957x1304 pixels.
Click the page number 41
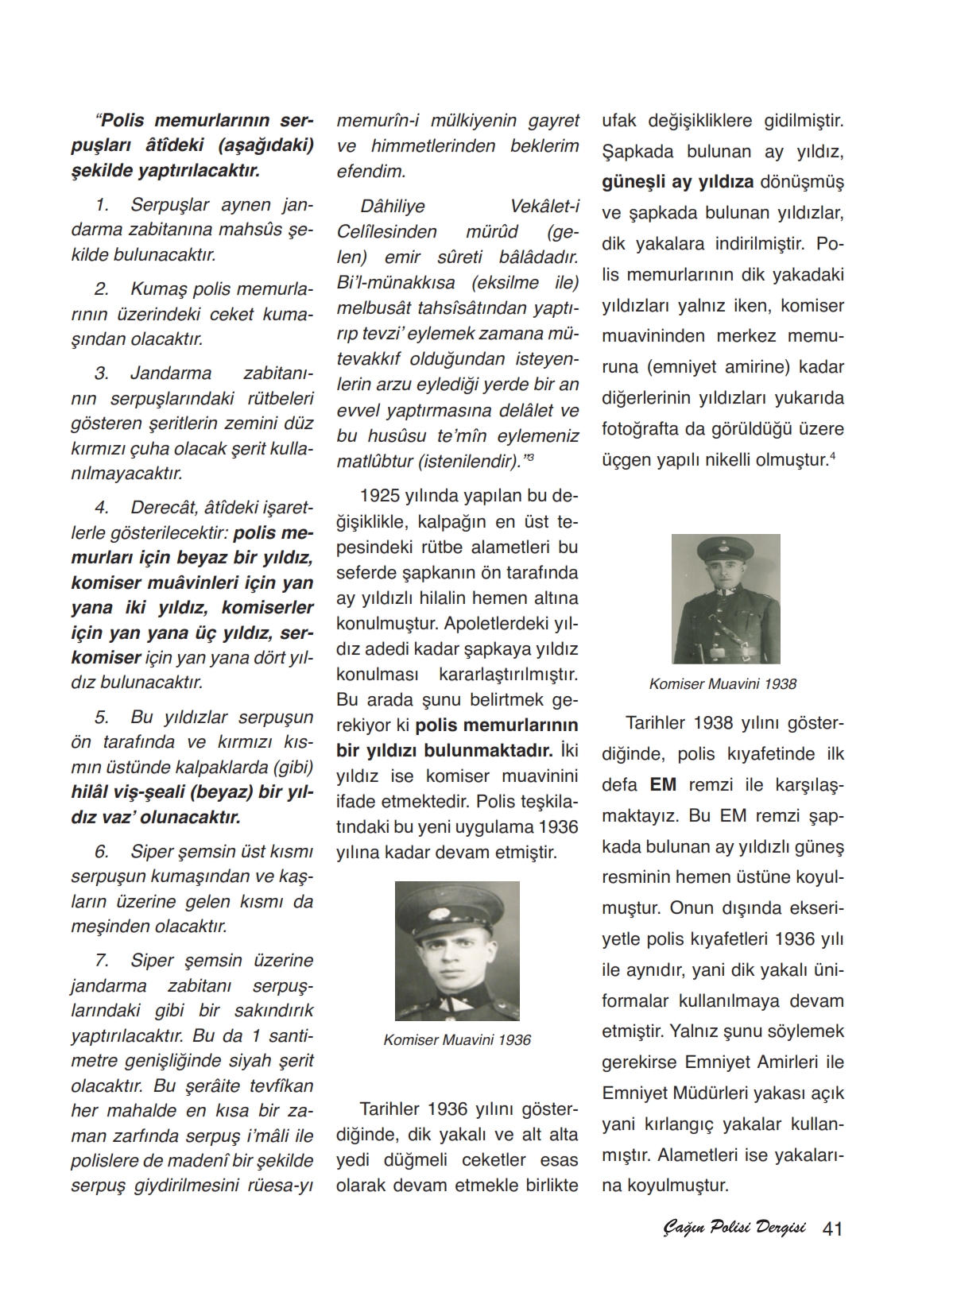832,1229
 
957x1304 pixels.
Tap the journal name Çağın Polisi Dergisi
734,1229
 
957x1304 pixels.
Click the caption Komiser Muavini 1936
456,1040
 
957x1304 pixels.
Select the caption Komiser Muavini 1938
723,683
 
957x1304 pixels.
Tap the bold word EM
663,785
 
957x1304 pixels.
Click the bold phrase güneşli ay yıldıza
677,182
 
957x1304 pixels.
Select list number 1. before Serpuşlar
101,205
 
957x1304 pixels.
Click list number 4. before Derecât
101,507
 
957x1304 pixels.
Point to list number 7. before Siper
101,961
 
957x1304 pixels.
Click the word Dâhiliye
393,207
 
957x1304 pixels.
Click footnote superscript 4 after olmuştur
831,455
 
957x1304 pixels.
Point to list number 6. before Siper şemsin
101,852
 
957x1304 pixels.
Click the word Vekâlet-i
544,207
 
